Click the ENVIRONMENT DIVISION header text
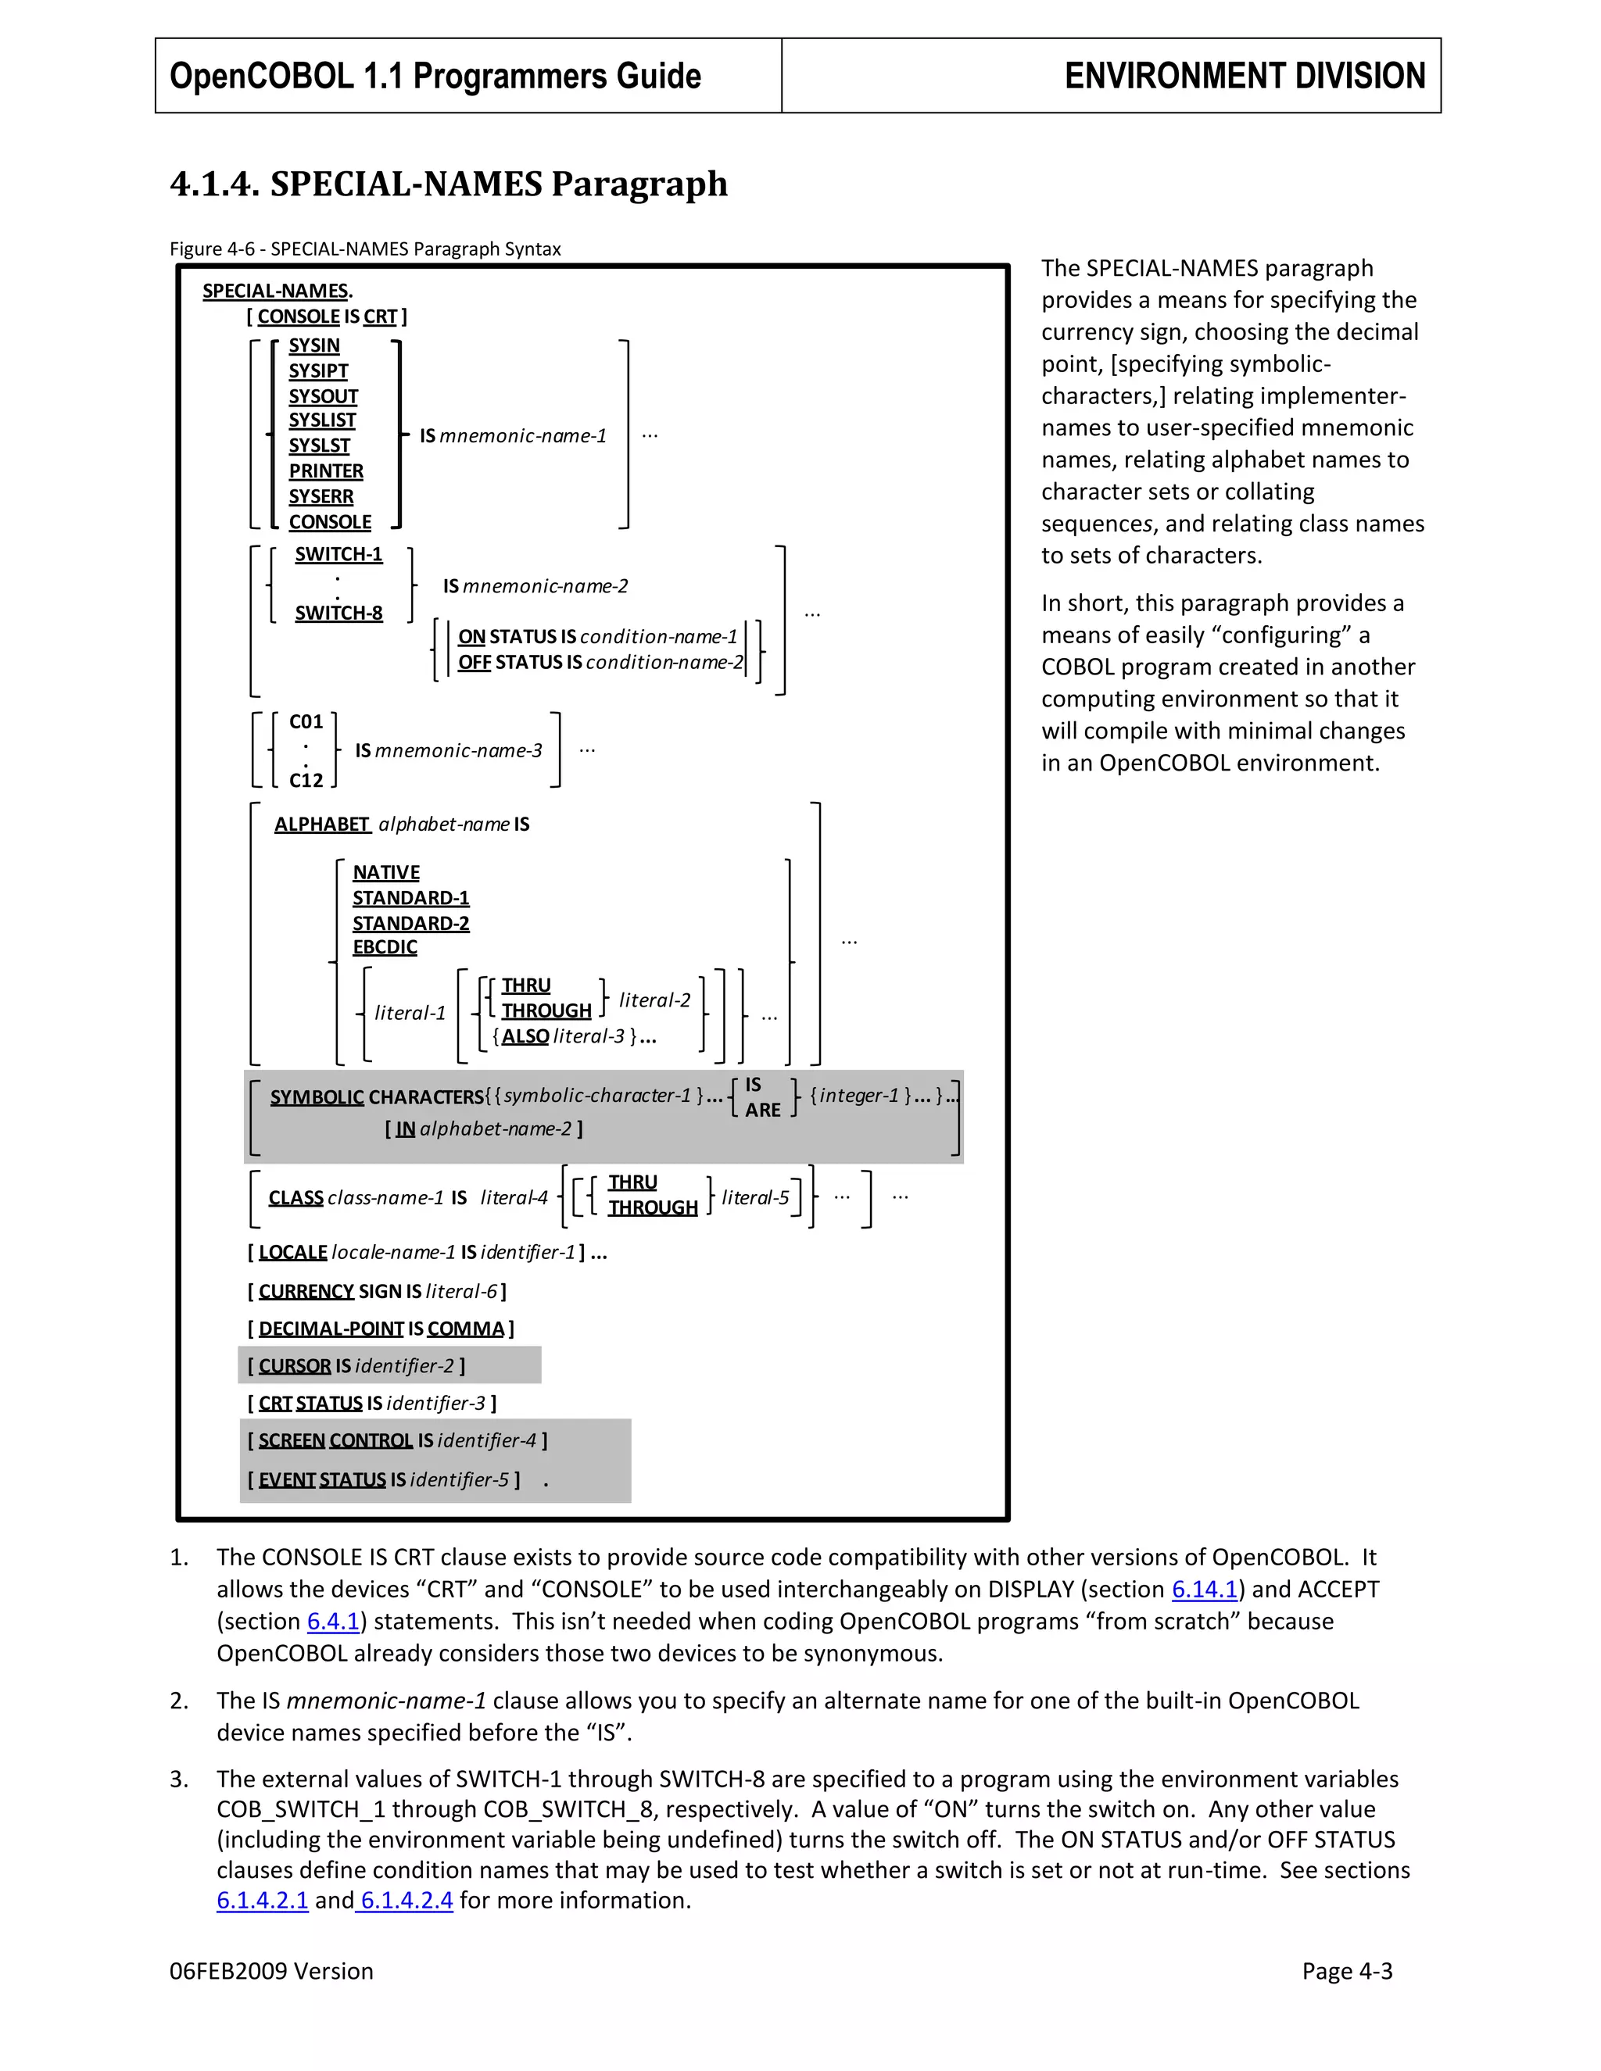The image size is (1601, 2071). coord(1244,76)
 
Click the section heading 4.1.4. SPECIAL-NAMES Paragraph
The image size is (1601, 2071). coord(449,183)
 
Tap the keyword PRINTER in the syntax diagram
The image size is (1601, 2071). coord(325,471)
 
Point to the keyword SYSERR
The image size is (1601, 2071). coord(321,497)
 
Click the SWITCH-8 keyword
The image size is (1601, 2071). coord(338,613)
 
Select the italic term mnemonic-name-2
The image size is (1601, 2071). coord(546,586)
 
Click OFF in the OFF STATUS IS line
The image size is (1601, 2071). coord(475,662)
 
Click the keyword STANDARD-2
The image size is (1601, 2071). coord(410,923)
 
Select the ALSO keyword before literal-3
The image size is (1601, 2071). coord(525,1036)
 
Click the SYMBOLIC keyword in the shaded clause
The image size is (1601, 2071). coord(317,1097)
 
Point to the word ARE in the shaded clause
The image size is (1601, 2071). coord(762,1110)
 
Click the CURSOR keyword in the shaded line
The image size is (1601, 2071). coord(294,1365)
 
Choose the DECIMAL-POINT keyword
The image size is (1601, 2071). coord(331,1329)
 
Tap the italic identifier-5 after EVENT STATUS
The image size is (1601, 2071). coord(459,1479)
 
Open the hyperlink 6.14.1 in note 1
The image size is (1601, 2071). coord(1205,1590)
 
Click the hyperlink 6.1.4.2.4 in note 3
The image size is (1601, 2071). coord(406,1901)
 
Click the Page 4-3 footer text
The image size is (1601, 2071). coord(1346,1972)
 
